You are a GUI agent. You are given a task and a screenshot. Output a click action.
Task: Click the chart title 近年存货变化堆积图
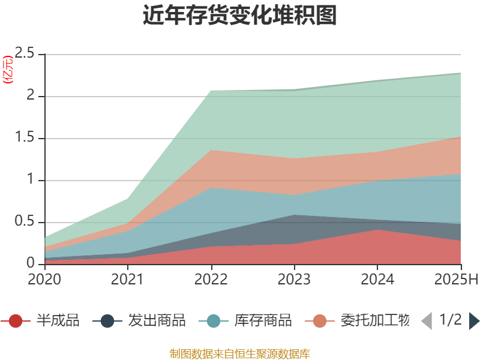240,16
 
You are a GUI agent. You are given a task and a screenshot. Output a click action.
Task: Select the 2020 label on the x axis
44,280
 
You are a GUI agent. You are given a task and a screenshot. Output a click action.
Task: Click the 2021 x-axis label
128,280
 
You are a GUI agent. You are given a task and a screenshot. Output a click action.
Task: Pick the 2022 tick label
211,280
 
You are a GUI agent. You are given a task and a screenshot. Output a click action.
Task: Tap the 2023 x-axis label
294,280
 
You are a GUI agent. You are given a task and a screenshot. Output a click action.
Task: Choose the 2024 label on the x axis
377,280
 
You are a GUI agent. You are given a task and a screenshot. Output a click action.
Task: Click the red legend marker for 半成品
16,321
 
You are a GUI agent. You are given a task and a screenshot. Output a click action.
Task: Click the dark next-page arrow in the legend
474,321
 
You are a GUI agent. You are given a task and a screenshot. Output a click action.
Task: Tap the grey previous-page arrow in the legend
427,321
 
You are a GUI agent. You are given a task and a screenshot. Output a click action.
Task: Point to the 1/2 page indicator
451,320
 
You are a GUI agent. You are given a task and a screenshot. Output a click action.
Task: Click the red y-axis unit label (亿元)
8,70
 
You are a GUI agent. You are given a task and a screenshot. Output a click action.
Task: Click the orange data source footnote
240,353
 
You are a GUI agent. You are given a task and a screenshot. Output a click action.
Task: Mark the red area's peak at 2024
377,230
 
